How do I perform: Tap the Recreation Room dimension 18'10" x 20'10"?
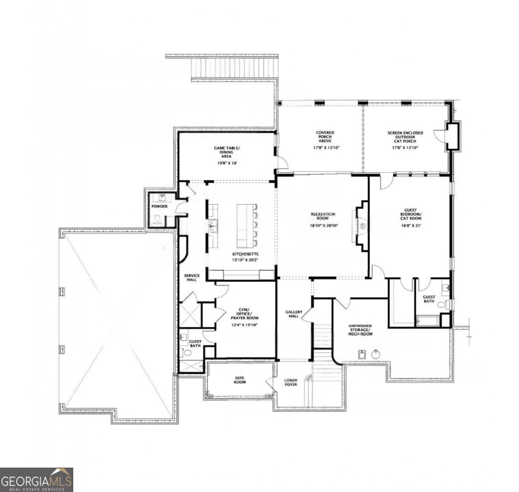(x=323, y=226)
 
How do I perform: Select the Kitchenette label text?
(x=245, y=254)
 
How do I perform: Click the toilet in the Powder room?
(x=158, y=220)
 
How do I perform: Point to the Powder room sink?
(x=162, y=198)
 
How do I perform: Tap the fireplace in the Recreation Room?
(x=360, y=225)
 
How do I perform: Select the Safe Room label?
(x=240, y=380)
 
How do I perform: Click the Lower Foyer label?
(x=291, y=382)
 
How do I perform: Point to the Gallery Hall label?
(x=294, y=314)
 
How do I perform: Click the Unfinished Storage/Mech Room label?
(x=360, y=330)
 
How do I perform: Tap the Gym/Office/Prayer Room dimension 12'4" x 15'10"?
(x=244, y=325)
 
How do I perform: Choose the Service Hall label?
(x=192, y=277)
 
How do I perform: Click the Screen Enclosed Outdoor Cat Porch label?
(x=405, y=137)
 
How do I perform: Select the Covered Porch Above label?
(x=325, y=137)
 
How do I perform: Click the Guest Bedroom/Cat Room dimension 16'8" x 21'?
(x=410, y=225)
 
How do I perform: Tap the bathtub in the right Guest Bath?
(x=427, y=321)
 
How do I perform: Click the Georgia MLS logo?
(x=36, y=480)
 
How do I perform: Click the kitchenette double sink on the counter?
(x=213, y=226)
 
